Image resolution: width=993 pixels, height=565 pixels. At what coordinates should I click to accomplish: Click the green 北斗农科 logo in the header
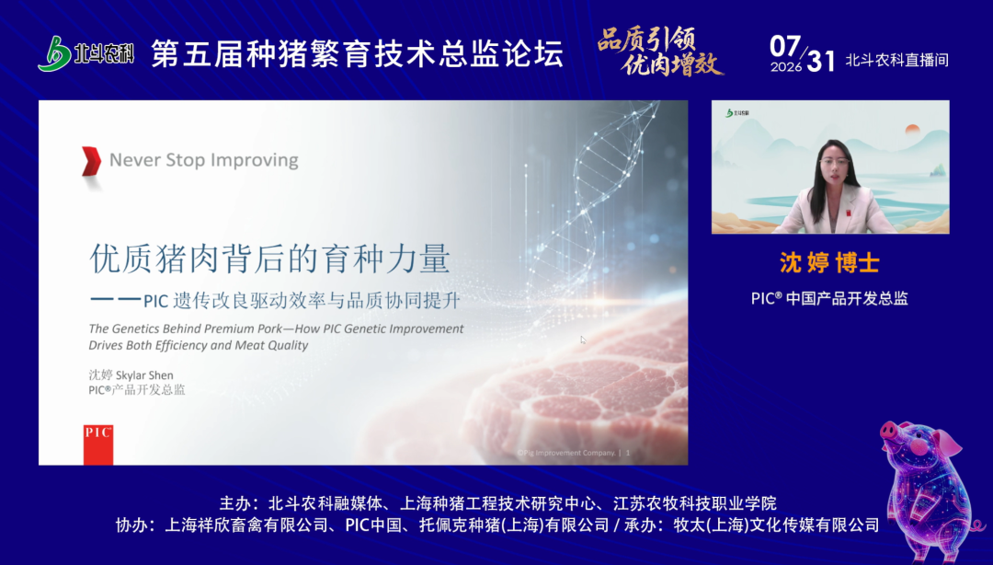[86, 53]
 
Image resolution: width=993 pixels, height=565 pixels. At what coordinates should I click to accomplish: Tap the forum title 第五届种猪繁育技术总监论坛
[357, 53]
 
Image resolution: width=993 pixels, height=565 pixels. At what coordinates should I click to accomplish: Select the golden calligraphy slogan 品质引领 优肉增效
[660, 52]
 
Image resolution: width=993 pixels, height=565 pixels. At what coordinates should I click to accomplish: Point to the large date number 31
[821, 61]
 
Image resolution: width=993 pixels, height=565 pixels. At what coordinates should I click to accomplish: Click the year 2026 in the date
[786, 66]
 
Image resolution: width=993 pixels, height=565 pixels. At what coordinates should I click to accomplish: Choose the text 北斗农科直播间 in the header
[896, 60]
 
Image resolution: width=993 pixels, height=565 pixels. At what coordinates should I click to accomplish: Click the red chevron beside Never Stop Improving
[92, 160]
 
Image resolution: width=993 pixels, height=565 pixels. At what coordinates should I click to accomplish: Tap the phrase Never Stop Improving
[204, 160]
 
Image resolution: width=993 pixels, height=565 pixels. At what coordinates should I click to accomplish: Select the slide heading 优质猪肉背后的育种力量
[270, 258]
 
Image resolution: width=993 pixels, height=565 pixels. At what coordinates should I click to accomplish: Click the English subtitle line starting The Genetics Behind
[276, 329]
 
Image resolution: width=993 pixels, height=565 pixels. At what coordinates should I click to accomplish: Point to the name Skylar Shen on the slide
[144, 375]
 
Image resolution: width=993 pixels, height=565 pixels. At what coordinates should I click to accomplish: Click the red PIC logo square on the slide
[98, 444]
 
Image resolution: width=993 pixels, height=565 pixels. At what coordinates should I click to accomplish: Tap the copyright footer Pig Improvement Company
[566, 453]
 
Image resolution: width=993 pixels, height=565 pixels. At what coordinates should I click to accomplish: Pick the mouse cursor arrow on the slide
[583, 340]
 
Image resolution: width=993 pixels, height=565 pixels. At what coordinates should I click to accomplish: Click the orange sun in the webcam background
[913, 130]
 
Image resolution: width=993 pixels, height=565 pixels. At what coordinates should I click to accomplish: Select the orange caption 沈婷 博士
[829, 262]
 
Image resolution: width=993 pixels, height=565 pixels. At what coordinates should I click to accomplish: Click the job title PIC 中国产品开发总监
[829, 298]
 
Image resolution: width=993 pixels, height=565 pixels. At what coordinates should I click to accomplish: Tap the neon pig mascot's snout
[890, 432]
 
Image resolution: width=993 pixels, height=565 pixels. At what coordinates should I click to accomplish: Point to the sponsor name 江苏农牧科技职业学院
[695, 503]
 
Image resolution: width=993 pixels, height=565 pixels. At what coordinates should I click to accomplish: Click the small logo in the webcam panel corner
[737, 113]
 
